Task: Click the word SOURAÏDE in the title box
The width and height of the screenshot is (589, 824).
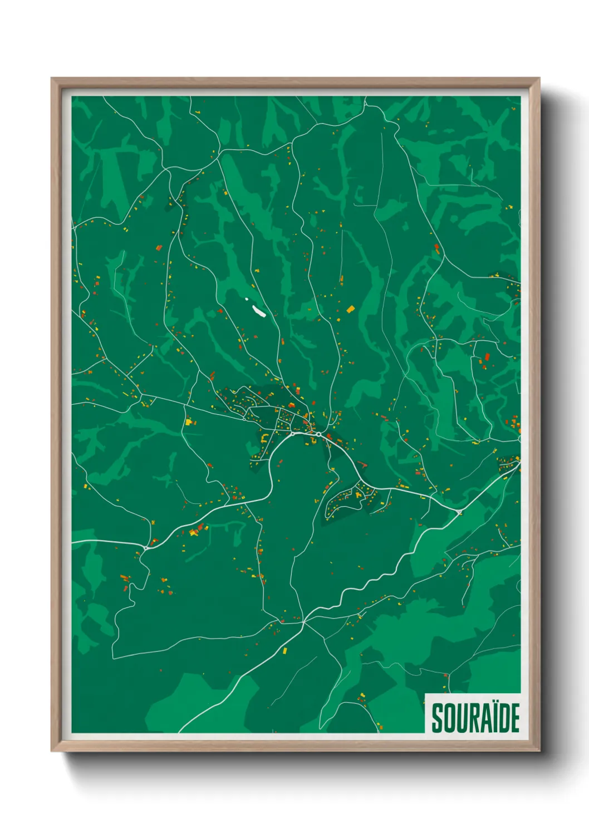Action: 475,718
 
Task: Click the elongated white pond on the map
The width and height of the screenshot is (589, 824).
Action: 258,310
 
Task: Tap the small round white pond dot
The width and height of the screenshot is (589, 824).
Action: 247,299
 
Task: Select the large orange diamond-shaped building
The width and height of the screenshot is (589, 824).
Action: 350,309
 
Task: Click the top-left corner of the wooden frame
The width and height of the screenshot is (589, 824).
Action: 52,79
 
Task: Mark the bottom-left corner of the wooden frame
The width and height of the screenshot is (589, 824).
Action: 52,751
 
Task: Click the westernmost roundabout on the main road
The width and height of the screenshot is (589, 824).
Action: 146,548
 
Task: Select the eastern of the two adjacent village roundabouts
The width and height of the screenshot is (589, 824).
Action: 318,434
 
